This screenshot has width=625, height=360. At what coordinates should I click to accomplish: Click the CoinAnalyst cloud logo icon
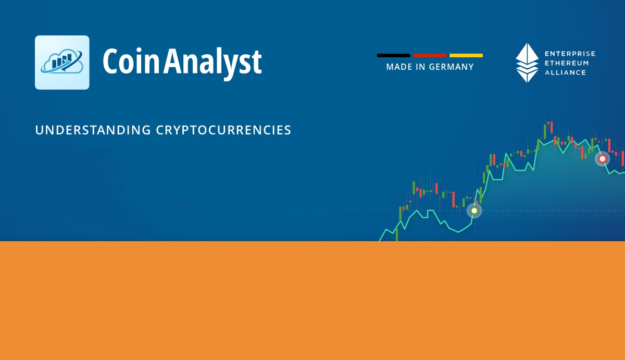(62, 63)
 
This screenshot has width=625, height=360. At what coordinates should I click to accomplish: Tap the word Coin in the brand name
(131, 61)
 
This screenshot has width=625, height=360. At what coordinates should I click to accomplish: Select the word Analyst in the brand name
(213, 64)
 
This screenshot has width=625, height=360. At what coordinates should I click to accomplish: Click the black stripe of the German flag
(393, 55)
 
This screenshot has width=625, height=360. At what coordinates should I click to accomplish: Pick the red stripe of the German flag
(430, 55)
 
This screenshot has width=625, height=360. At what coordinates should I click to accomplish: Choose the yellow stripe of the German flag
(466, 55)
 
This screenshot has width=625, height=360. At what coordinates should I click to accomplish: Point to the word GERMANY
(451, 67)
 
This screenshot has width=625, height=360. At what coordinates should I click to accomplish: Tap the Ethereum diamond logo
(527, 63)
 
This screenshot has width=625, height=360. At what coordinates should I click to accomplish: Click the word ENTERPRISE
(570, 54)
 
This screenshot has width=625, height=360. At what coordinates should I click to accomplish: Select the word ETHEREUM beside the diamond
(567, 63)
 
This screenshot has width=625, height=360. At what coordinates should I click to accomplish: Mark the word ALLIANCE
(565, 72)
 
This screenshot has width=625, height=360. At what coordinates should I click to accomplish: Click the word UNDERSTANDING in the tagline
(93, 130)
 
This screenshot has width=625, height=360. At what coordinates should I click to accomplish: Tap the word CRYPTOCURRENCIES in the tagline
(223, 130)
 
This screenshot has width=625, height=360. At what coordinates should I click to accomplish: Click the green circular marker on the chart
(474, 210)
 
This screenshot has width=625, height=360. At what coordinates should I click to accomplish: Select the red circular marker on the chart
(603, 159)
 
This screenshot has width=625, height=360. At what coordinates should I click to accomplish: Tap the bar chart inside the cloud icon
(61, 61)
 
